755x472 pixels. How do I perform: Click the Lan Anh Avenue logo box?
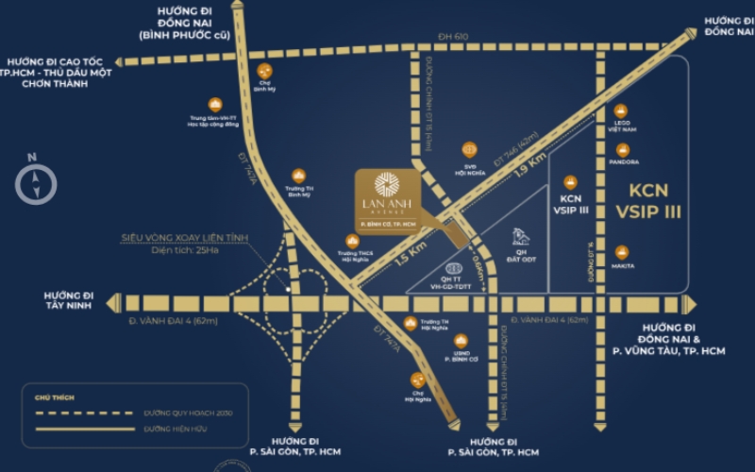tap(387, 200)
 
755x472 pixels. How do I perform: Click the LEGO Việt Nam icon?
tap(622, 111)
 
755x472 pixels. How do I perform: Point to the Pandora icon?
tap(622, 149)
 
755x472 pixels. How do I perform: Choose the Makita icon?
tap(622, 252)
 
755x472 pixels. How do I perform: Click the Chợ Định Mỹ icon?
tap(264, 71)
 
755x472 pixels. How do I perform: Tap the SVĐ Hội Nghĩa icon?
tap(469, 147)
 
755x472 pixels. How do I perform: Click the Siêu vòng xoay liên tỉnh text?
tap(184, 238)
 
